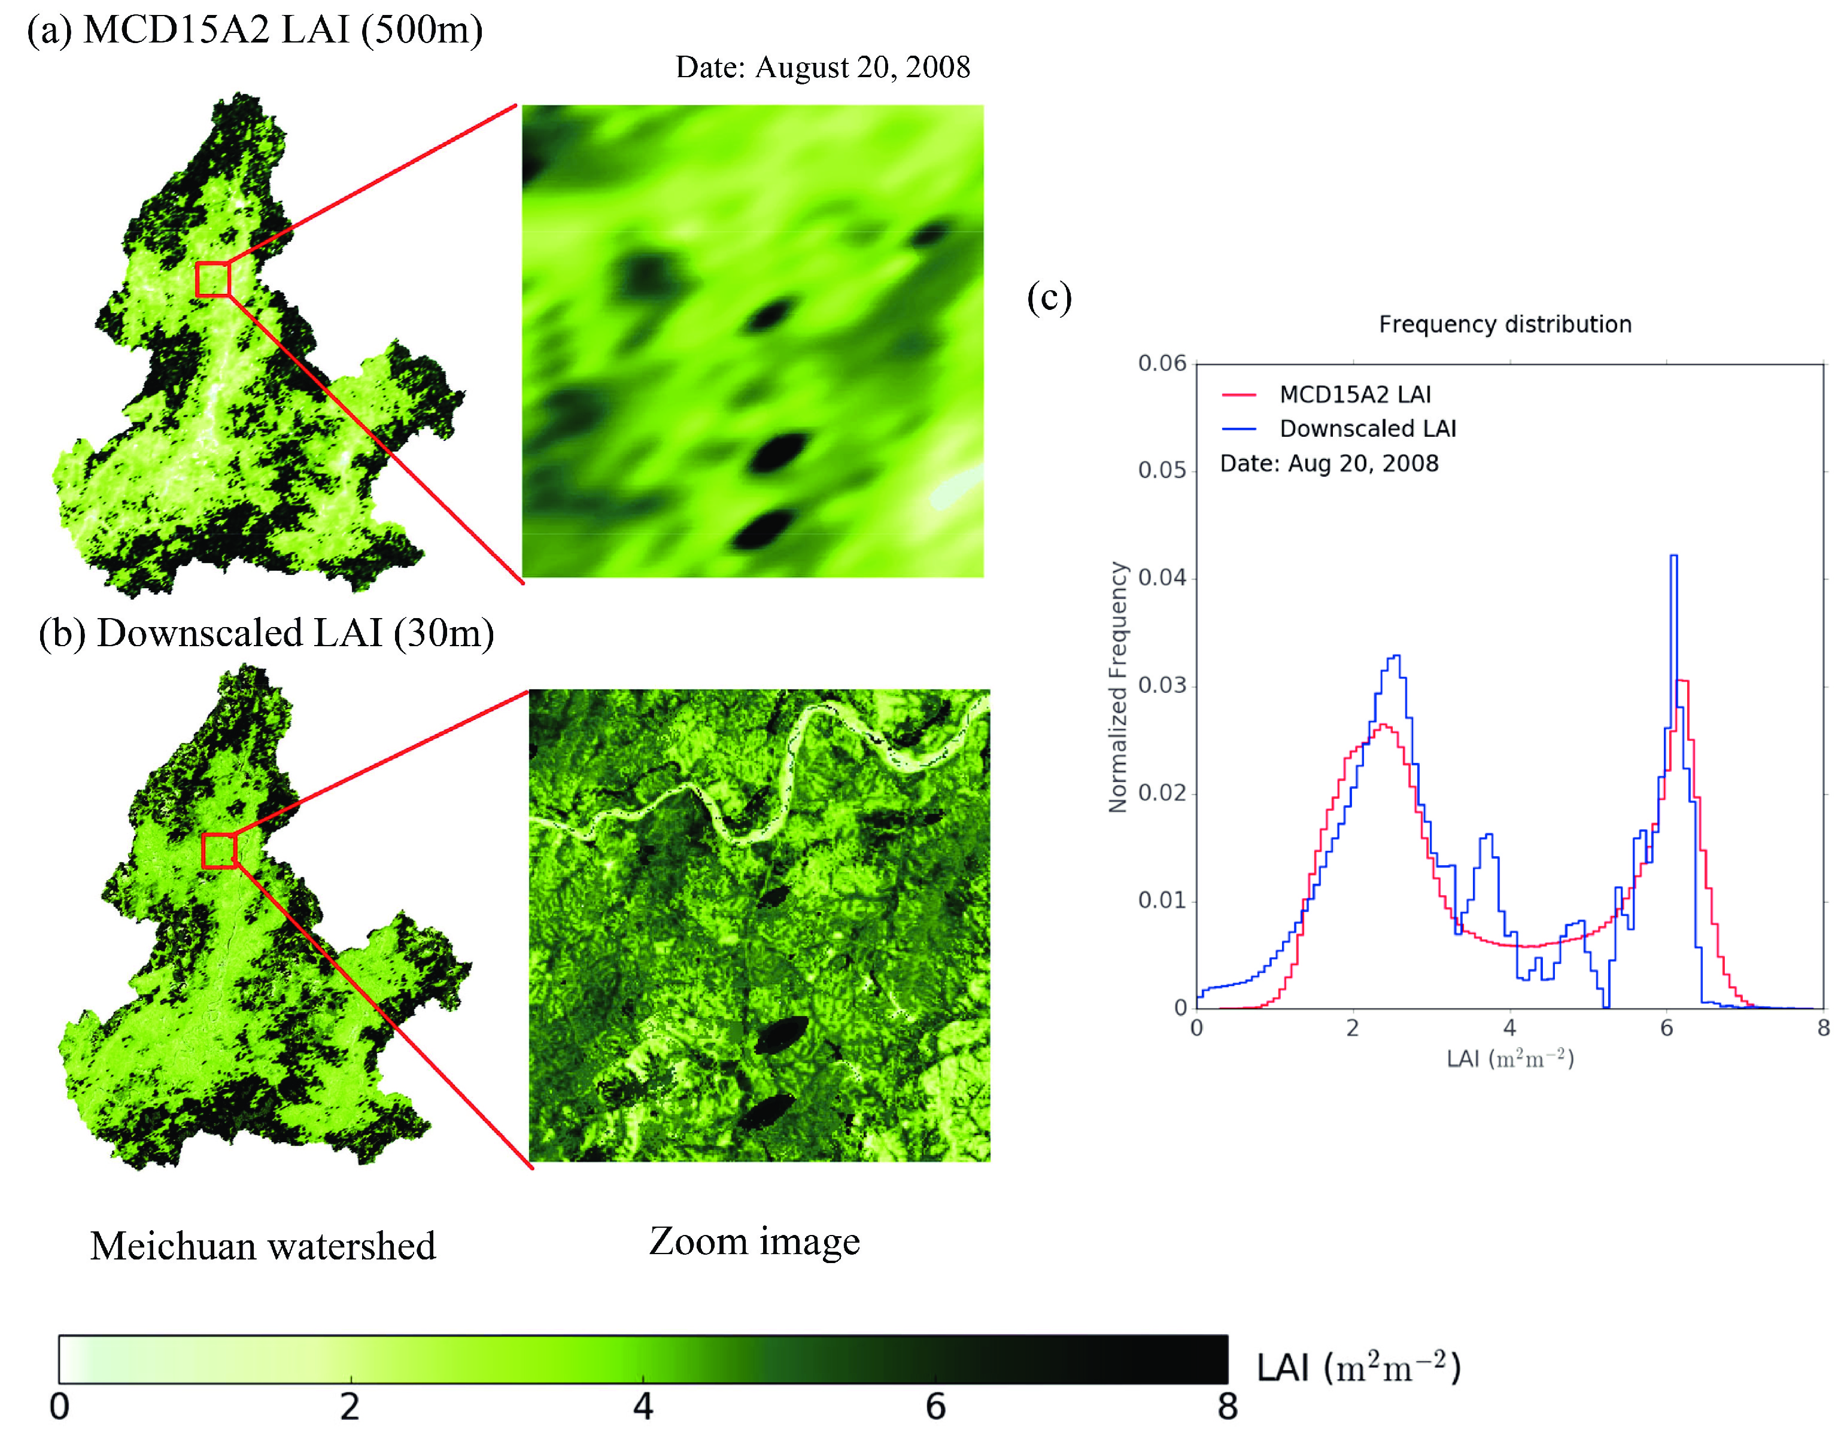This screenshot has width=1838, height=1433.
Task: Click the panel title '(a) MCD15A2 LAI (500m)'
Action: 255,31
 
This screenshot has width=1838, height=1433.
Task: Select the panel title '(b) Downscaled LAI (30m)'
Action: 266,634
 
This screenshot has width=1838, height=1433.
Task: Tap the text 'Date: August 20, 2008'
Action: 822,68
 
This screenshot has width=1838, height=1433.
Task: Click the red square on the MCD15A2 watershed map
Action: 213,279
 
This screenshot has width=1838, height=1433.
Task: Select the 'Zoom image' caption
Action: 754,1241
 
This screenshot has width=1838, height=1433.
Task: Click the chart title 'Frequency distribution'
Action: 1505,325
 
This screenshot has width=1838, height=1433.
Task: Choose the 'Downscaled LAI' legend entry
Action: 1367,429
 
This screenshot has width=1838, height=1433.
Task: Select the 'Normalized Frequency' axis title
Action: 1117,687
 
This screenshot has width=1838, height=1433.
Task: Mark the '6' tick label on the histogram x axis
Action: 1666,1029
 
